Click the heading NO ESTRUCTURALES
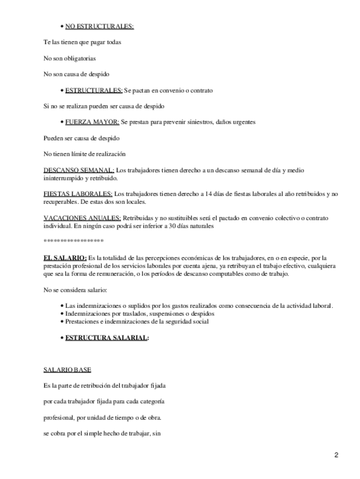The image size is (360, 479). [99, 26]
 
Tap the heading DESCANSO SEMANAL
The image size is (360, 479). [79, 170]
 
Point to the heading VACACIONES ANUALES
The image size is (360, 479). [82, 218]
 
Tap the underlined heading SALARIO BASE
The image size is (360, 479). [67, 370]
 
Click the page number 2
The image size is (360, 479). [336, 455]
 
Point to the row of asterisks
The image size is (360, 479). [73, 241]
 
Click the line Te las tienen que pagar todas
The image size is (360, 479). [83, 42]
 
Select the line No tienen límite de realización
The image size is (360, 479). [84, 154]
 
